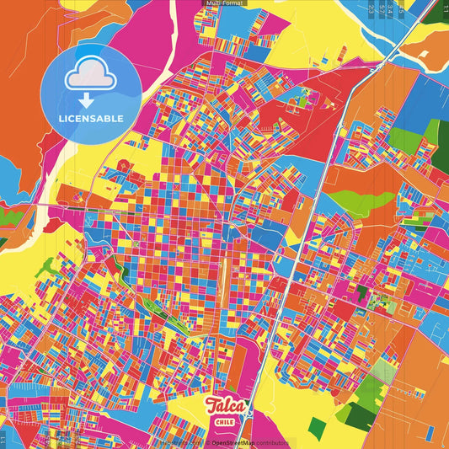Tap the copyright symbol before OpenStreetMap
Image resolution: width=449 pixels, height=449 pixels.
[x=207, y=441]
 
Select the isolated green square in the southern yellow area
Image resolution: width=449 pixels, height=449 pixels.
[x=317, y=427]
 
